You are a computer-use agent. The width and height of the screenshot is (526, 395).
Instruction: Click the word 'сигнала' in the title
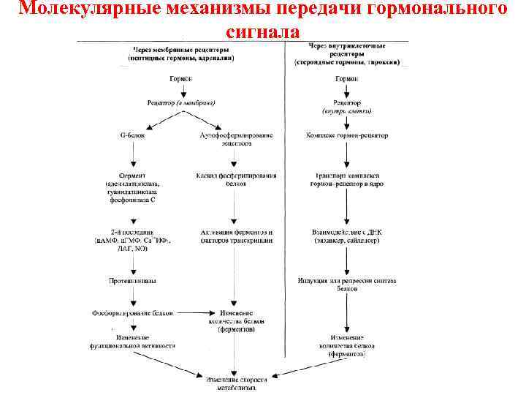262,31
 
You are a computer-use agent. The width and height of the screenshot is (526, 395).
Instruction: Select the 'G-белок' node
132,135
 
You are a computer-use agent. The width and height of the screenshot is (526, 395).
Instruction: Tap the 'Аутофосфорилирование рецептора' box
233,140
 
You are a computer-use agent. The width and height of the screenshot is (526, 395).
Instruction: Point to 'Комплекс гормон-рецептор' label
347,135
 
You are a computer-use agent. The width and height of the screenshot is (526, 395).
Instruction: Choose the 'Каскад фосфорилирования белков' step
232,180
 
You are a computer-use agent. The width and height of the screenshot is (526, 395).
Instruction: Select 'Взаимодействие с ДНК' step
347,236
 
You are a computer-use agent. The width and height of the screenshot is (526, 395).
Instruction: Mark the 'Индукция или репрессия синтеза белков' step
347,284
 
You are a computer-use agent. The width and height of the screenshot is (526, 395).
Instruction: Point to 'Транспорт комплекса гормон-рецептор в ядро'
347,180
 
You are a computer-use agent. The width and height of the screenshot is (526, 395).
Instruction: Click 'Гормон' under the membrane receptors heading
182,78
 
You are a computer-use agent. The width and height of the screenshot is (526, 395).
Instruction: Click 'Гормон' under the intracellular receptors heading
347,78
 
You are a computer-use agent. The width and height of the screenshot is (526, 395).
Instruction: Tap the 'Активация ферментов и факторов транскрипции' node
232,236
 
